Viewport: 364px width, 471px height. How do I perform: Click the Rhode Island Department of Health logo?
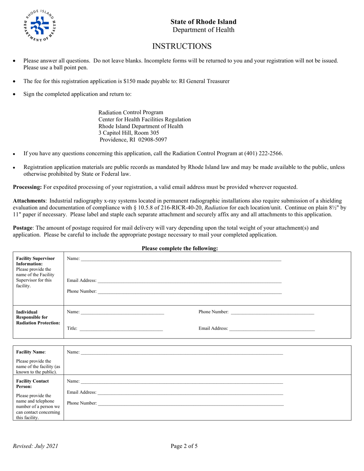(x=40, y=26)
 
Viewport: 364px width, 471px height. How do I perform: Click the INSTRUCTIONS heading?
(x=182, y=46)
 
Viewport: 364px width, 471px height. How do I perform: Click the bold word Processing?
(x=27, y=187)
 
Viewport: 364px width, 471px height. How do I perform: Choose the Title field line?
(x=121, y=330)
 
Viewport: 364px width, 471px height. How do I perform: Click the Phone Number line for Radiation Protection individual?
(x=272, y=314)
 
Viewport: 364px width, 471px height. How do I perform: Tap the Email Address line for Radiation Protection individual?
(x=272, y=330)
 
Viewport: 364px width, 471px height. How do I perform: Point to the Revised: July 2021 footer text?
(x=36, y=446)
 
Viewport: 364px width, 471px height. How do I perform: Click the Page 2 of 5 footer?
(x=184, y=446)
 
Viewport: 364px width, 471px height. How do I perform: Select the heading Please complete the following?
(x=180, y=249)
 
